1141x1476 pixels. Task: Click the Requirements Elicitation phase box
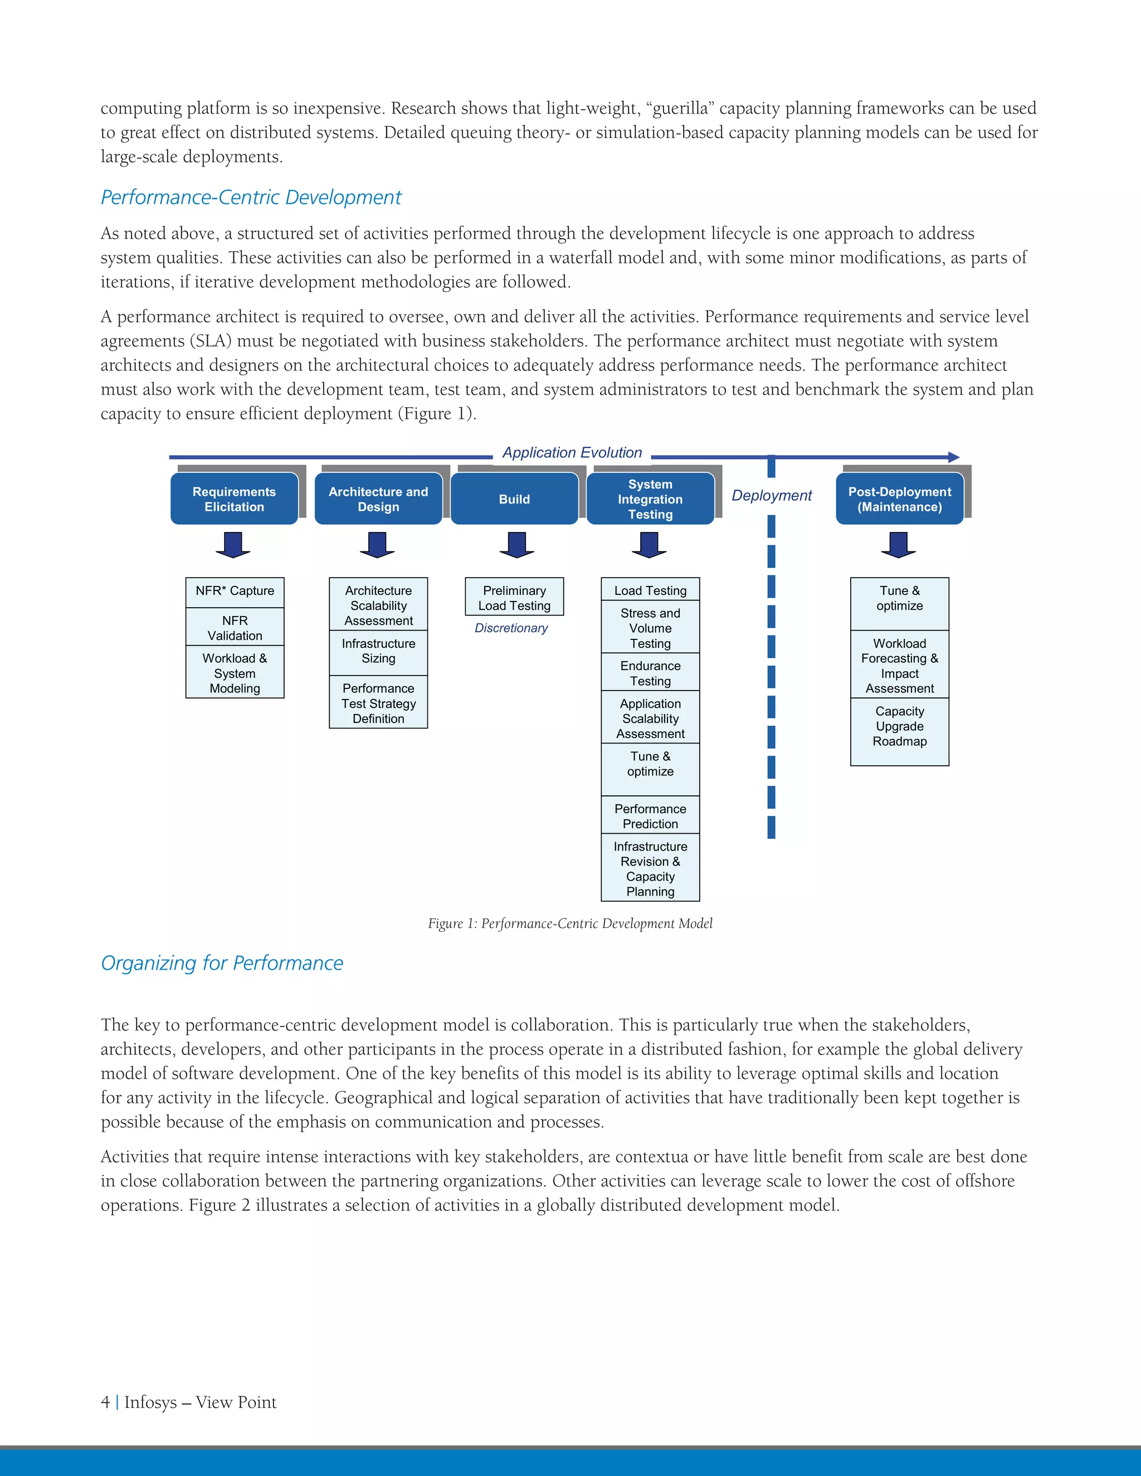pos(234,498)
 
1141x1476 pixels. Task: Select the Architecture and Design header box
pos(378,498)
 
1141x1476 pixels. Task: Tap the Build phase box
pos(514,498)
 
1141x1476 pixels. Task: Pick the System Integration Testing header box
pos(650,498)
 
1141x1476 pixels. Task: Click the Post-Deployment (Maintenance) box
pos(899,498)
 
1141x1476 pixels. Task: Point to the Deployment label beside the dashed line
pos(771,495)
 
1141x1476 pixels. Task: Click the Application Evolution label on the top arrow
pos(572,453)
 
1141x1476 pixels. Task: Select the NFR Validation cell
pos(235,627)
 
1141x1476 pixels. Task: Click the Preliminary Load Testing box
pos(514,598)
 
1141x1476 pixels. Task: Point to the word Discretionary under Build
pos(511,628)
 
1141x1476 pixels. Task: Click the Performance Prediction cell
pos(650,816)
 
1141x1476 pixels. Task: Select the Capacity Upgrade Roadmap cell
pos(899,726)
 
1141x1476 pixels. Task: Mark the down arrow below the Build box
pos(516,545)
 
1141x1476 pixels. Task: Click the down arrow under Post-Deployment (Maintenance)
pos(898,545)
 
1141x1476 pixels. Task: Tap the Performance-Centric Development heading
pos(251,197)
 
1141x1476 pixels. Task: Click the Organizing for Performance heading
pos(222,962)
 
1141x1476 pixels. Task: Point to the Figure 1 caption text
pos(570,923)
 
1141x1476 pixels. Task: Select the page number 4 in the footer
pos(105,1402)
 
